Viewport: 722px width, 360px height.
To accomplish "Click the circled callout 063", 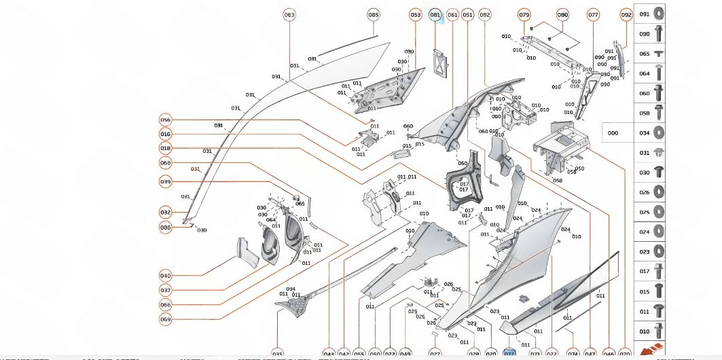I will (x=289, y=15).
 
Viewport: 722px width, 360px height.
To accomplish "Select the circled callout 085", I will (x=374, y=15).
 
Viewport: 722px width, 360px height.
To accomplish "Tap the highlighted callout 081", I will (x=435, y=15).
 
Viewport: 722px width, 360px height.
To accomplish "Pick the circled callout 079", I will (x=524, y=15).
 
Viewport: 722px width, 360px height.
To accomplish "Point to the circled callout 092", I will (x=626, y=15).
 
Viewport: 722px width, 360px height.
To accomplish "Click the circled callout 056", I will (x=166, y=120).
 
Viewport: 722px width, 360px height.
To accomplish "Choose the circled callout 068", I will (x=166, y=163).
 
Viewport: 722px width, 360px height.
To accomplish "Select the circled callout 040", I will (x=166, y=276).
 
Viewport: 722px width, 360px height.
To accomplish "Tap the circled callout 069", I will (x=166, y=319).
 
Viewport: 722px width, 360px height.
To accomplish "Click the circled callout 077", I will (x=593, y=15).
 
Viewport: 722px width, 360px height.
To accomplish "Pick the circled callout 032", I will (x=166, y=213).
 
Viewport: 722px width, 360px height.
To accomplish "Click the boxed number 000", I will (x=613, y=133).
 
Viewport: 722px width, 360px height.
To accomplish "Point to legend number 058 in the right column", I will (x=644, y=113).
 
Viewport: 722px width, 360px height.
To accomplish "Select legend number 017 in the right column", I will (x=644, y=272).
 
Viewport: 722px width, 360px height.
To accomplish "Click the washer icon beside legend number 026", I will (x=659, y=192).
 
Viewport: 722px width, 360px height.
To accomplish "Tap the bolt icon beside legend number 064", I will (x=659, y=73).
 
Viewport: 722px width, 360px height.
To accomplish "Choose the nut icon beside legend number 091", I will (x=659, y=14).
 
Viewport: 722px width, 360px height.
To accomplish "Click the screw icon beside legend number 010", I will (x=659, y=331).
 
